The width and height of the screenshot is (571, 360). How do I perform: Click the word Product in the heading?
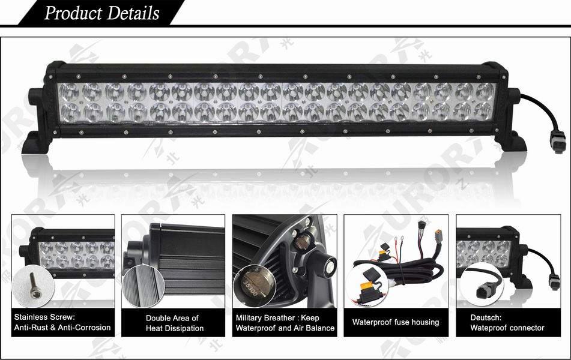(x=72, y=13)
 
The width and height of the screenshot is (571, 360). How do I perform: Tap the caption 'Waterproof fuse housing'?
(x=395, y=322)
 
